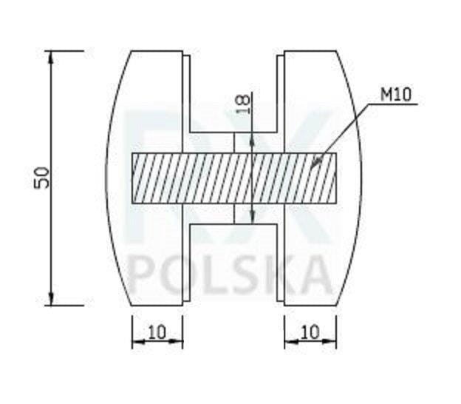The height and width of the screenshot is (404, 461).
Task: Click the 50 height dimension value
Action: tap(41, 178)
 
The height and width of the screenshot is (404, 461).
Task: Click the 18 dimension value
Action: tap(243, 104)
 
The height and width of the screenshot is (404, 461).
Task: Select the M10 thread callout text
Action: tap(396, 95)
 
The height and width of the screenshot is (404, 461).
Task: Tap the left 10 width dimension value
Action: tap(157, 332)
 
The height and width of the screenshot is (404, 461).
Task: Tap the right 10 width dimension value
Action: tap(310, 332)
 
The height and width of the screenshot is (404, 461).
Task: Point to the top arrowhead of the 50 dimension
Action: tap(51, 58)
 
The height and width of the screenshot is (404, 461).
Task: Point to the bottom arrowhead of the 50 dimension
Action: tap(51, 299)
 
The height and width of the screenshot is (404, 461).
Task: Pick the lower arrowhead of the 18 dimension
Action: tap(252, 218)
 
